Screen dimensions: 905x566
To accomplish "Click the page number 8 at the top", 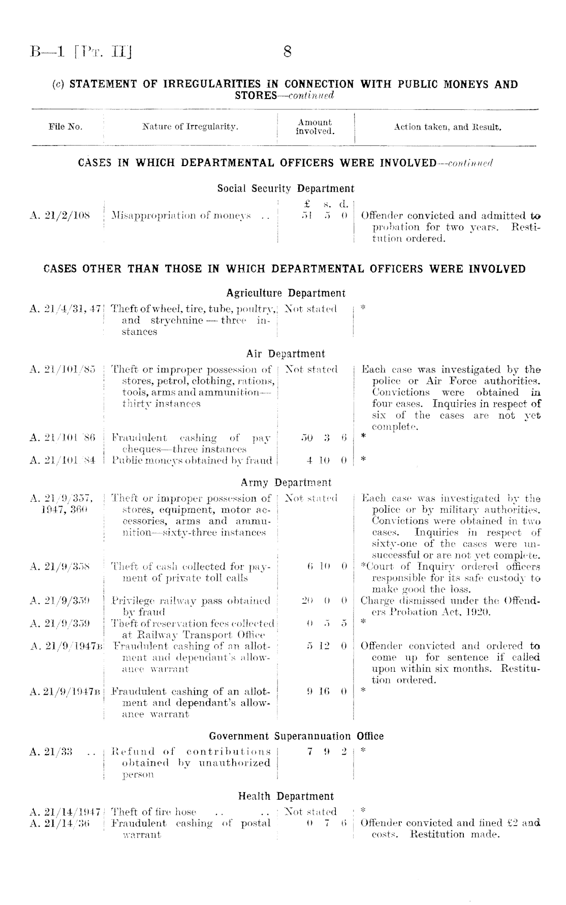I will click(x=287, y=52).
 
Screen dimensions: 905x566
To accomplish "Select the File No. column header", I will click(x=66, y=127).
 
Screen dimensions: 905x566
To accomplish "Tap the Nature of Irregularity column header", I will click(x=190, y=127).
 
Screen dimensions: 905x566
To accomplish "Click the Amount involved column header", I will click(x=315, y=127).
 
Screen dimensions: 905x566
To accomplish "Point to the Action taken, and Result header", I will click(x=448, y=127).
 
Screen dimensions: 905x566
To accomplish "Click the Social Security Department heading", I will click(x=286, y=189).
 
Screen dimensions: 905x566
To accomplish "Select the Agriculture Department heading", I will click(x=286, y=293).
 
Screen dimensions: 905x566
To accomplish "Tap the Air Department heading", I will click(x=286, y=354).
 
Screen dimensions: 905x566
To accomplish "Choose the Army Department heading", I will click(x=286, y=483).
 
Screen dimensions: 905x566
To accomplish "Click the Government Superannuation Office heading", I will click(x=296, y=736).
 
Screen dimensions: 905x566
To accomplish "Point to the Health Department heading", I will click(x=286, y=796).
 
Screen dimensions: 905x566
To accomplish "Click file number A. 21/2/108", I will click(x=60, y=215).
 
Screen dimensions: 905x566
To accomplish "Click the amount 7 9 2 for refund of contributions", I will click(x=327, y=752).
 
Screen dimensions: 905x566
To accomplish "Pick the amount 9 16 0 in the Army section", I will click(x=327, y=692).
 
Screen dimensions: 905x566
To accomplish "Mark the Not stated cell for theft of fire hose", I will click(x=311, y=812).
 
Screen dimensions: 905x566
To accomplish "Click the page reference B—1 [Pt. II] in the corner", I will click(x=80, y=52).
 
